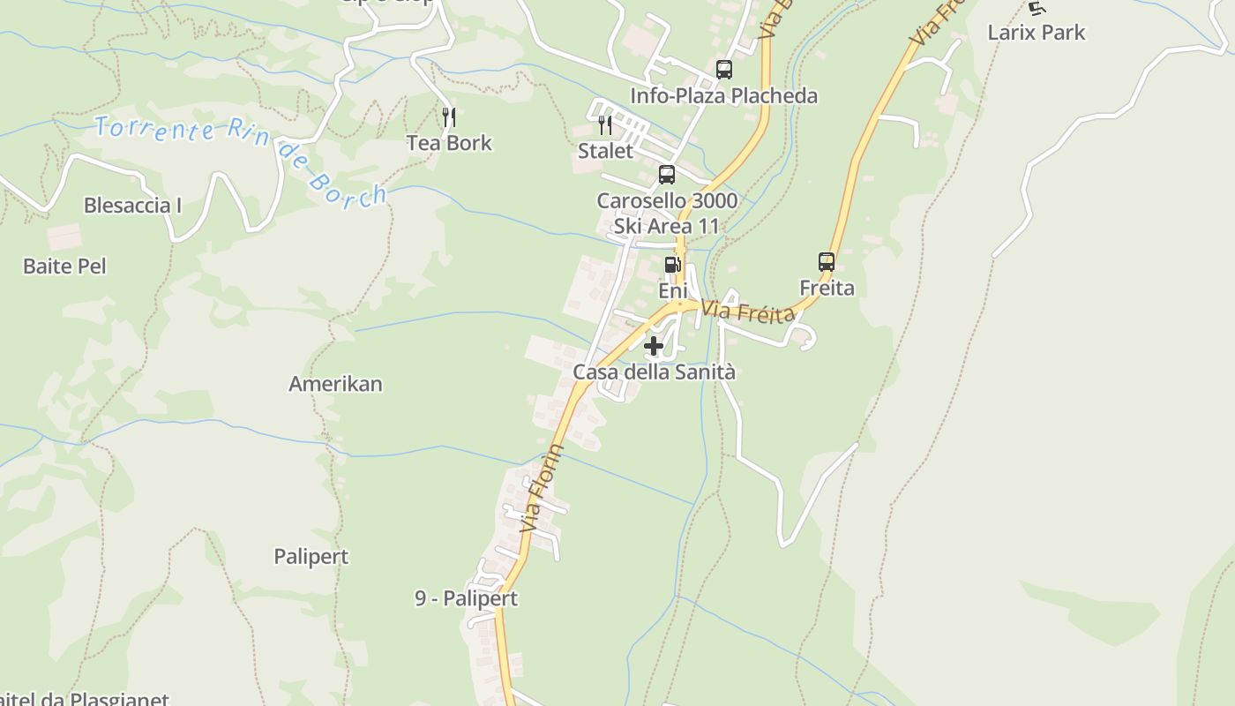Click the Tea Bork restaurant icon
pyautogui.click(x=449, y=117)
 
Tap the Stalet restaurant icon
pyautogui.click(x=605, y=125)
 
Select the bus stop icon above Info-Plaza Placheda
pyautogui.click(x=723, y=70)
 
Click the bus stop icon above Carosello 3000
pyautogui.click(x=667, y=175)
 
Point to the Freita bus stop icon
pyautogui.click(x=827, y=262)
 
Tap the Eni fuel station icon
pyautogui.click(x=672, y=265)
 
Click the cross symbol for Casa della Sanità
pyautogui.click(x=654, y=346)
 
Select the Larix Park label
pyautogui.click(x=1036, y=33)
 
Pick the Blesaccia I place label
pyautogui.click(x=132, y=206)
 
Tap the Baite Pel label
pyautogui.click(x=64, y=266)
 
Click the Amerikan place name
pyautogui.click(x=335, y=384)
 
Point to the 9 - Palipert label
pyautogui.click(x=466, y=598)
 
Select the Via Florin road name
pyautogui.click(x=542, y=488)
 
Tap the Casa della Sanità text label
pyautogui.click(x=654, y=372)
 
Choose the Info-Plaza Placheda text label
pyautogui.click(x=723, y=95)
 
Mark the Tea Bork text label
pyautogui.click(x=449, y=143)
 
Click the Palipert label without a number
pyautogui.click(x=311, y=557)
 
